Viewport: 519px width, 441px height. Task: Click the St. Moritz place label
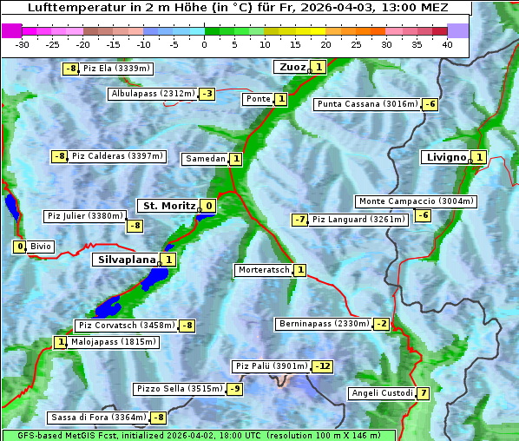tap(168, 206)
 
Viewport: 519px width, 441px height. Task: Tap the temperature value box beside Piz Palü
tap(322, 366)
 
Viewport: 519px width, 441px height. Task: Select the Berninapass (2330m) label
tap(324, 324)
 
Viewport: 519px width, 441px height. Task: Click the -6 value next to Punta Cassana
tap(430, 105)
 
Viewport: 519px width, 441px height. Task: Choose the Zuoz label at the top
tap(290, 67)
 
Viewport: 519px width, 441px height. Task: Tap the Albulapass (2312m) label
tap(153, 94)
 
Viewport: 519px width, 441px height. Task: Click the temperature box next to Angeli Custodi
tap(423, 393)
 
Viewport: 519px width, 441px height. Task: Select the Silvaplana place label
tap(126, 260)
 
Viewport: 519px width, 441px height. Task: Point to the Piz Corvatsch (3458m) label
tap(125, 326)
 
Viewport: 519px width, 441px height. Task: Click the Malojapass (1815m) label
tap(102, 343)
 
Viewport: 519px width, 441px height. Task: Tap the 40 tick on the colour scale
tap(447, 44)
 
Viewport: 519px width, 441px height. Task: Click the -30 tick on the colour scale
tap(23, 44)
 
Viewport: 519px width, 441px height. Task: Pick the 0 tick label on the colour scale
tap(205, 44)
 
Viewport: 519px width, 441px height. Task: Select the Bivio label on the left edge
tap(41, 247)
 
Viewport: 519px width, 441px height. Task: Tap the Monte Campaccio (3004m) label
tap(416, 201)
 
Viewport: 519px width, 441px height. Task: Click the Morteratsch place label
tap(263, 270)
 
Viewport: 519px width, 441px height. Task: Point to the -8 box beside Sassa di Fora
tap(158, 418)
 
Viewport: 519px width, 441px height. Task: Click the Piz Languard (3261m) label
tap(358, 220)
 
